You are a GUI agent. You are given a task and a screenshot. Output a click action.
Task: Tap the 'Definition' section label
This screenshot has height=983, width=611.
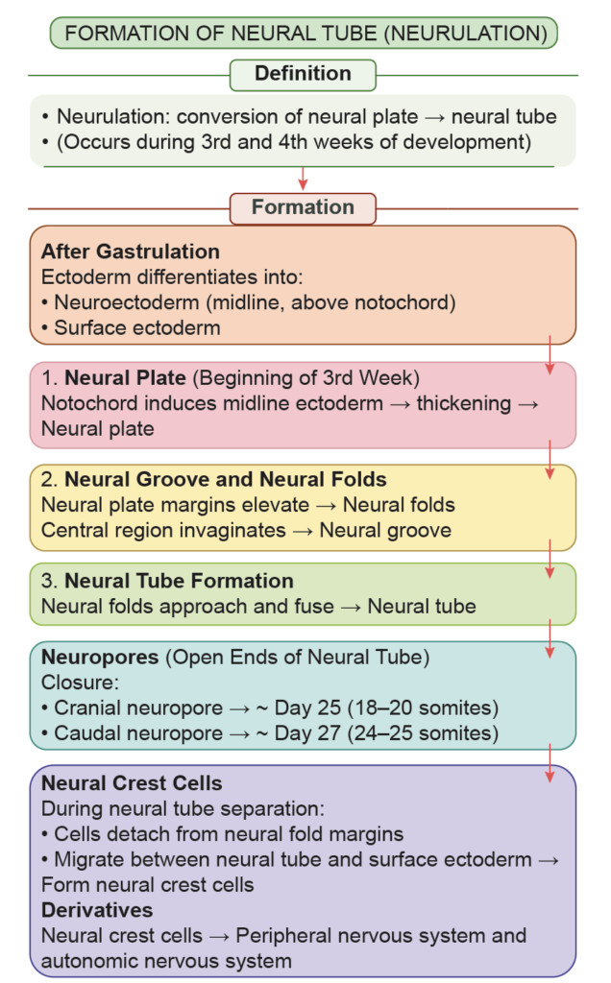(303, 74)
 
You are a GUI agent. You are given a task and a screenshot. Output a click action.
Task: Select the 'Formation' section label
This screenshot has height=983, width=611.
(303, 207)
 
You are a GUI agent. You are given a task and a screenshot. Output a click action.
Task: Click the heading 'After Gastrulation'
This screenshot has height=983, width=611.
(131, 252)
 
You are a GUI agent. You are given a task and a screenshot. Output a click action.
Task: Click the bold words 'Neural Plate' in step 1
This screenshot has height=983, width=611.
(119, 377)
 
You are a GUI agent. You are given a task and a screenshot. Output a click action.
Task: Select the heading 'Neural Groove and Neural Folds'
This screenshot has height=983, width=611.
(226, 480)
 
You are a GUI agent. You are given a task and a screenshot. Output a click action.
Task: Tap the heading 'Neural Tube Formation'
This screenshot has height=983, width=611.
(179, 581)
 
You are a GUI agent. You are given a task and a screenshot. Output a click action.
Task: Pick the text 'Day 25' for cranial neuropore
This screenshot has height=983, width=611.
(305, 709)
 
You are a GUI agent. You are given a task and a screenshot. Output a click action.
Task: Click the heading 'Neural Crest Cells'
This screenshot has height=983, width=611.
(132, 783)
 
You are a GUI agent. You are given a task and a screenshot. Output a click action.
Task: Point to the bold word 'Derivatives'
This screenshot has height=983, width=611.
(97, 909)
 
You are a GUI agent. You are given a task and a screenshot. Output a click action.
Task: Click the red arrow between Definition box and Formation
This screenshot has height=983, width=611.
(303, 179)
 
